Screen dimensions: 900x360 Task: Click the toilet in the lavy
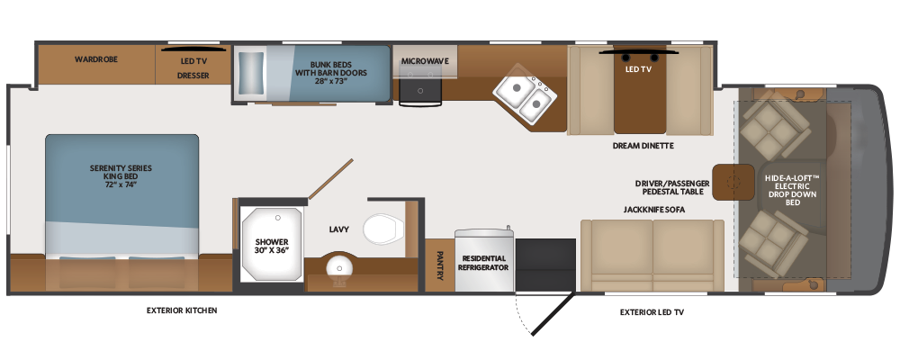[x=381, y=229]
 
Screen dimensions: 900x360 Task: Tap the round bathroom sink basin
[x=337, y=267]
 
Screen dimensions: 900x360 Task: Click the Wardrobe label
[x=96, y=59]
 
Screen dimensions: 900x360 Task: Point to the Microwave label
[x=425, y=61]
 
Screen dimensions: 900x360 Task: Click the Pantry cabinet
[x=439, y=265]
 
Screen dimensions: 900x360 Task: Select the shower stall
[x=271, y=244]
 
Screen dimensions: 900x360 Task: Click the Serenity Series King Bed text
[x=121, y=176]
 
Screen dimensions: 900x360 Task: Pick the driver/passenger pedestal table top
[x=733, y=182]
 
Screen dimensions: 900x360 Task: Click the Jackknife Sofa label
[x=653, y=210]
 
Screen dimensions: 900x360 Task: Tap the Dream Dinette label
[x=643, y=146]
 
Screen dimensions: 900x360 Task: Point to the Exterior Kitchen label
[x=182, y=310]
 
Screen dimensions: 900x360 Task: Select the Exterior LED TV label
[x=652, y=312]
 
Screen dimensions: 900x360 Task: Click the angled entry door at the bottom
[x=553, y=313]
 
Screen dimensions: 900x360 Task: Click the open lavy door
[x=330, y=179]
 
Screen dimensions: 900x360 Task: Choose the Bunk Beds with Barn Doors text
[x=331, y=73]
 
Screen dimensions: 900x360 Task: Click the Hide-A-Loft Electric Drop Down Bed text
[x=792, y=190]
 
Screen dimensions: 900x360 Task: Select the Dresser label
[x=193, y=76]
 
